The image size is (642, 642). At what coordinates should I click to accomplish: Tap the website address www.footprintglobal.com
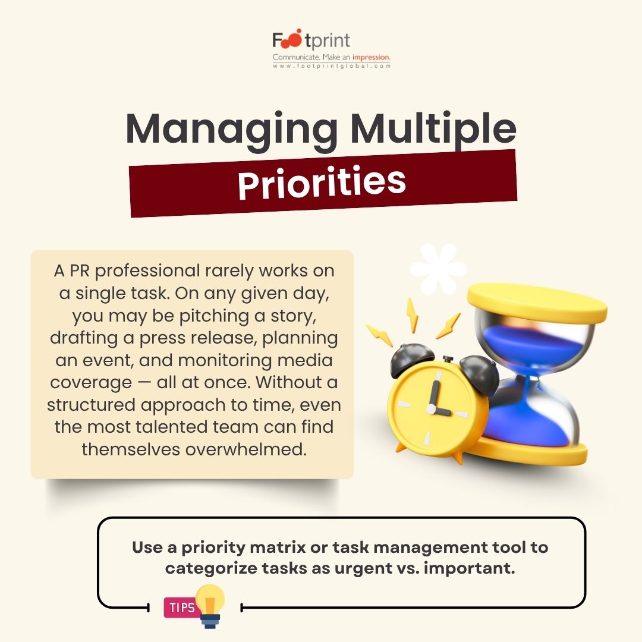pyautogui.click(x=331, y=66)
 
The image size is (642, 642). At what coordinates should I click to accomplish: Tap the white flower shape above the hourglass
pyautogui.click(x=439, y=269)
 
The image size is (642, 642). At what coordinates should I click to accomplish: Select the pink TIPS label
pyautogui.click(x=181, y=608)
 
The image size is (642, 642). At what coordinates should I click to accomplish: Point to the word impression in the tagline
pyautogui.click(x=370, y=57)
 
